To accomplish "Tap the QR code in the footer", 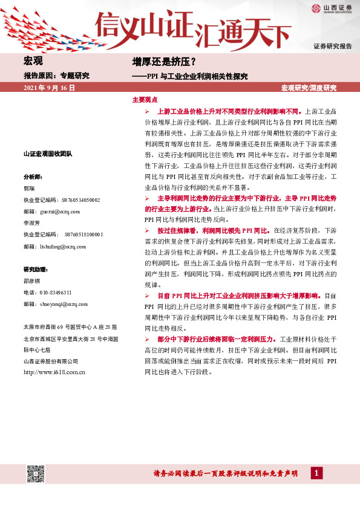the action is tap(36, 473).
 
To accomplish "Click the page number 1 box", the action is tap(315, 473).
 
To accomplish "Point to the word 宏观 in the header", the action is tap(33, 62).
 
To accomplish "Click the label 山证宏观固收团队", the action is tap(48, 154).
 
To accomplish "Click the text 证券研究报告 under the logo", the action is tap(332, 47).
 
